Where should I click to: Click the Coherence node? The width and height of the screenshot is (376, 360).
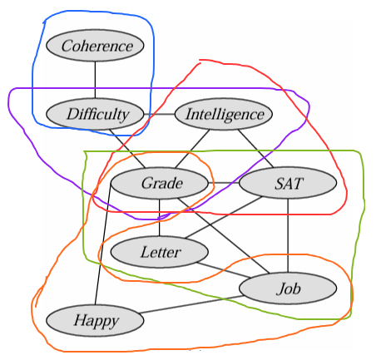coord(95,46)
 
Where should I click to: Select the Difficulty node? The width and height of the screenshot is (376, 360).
coord(95,114)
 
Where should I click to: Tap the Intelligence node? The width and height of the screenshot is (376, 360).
coord(224,114)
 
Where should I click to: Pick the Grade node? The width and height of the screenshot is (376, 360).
coord(160,183)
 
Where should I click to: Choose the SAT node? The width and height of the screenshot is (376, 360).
coord(288,183)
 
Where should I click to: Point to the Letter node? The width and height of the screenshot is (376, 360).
coord(160,252)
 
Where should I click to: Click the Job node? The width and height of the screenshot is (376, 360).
coord(288,288)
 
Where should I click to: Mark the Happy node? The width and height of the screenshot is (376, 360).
coord(95,321)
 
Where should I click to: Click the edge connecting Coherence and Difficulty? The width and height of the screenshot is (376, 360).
coord(95,80)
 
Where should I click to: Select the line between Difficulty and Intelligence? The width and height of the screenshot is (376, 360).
coord(159,114)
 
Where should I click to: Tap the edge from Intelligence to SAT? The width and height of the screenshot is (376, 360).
coord(255,149)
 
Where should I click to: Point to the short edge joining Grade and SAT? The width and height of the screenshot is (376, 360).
coord(224,183)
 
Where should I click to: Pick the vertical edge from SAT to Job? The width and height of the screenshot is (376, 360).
coord(288,235)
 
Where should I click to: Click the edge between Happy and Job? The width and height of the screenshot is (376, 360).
coord(191,304)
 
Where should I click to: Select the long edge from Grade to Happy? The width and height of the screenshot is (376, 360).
coord(103,244)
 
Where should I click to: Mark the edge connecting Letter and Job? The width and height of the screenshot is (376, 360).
coord(224,270)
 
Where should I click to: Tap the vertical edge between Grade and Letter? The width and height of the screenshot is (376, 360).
coord(160,218)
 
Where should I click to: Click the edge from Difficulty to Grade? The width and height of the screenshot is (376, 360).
coord(127,149)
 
